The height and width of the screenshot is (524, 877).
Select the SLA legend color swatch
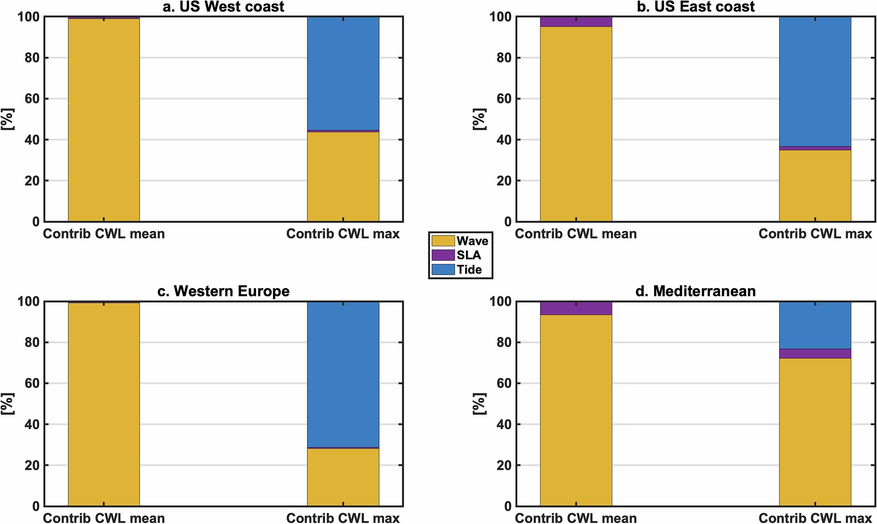pos(443,255)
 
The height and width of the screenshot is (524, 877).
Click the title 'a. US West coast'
pos(223,6)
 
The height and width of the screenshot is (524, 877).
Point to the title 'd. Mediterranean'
pos(695,291)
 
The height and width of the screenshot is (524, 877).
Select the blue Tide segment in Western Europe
pos(343,374)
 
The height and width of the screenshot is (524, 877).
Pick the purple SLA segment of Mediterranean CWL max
pos(815,353)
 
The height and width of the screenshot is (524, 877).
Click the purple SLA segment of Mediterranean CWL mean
pos(576,308)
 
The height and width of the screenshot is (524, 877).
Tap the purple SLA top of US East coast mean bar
pos(576,22)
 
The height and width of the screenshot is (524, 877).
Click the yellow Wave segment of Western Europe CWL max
pos(343,477)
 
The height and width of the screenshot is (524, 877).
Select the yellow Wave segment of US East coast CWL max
pos(815,186)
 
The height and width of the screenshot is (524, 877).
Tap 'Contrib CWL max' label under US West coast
pos(343,234)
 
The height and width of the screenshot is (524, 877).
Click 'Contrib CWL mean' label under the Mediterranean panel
pos(576,518)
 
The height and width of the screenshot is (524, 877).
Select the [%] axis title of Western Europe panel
pos(7,404)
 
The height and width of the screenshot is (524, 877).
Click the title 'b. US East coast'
pos(695,6)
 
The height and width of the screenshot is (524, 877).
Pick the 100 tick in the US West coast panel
pos(28,17)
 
